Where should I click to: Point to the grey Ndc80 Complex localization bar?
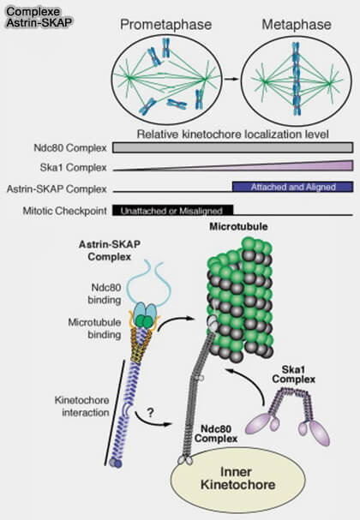(231, 147)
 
